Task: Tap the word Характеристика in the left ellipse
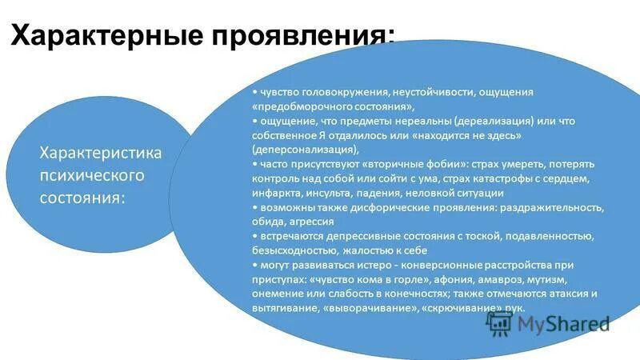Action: pos(101,152)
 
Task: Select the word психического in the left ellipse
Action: pos(91,174)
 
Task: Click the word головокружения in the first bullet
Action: pos(334,92)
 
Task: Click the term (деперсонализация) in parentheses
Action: pos(305,150)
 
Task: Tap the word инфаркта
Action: pos(277,193)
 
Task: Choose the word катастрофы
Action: pos(505,178)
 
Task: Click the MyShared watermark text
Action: pos(563,323)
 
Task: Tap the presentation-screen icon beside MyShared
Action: pos(499,322)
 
